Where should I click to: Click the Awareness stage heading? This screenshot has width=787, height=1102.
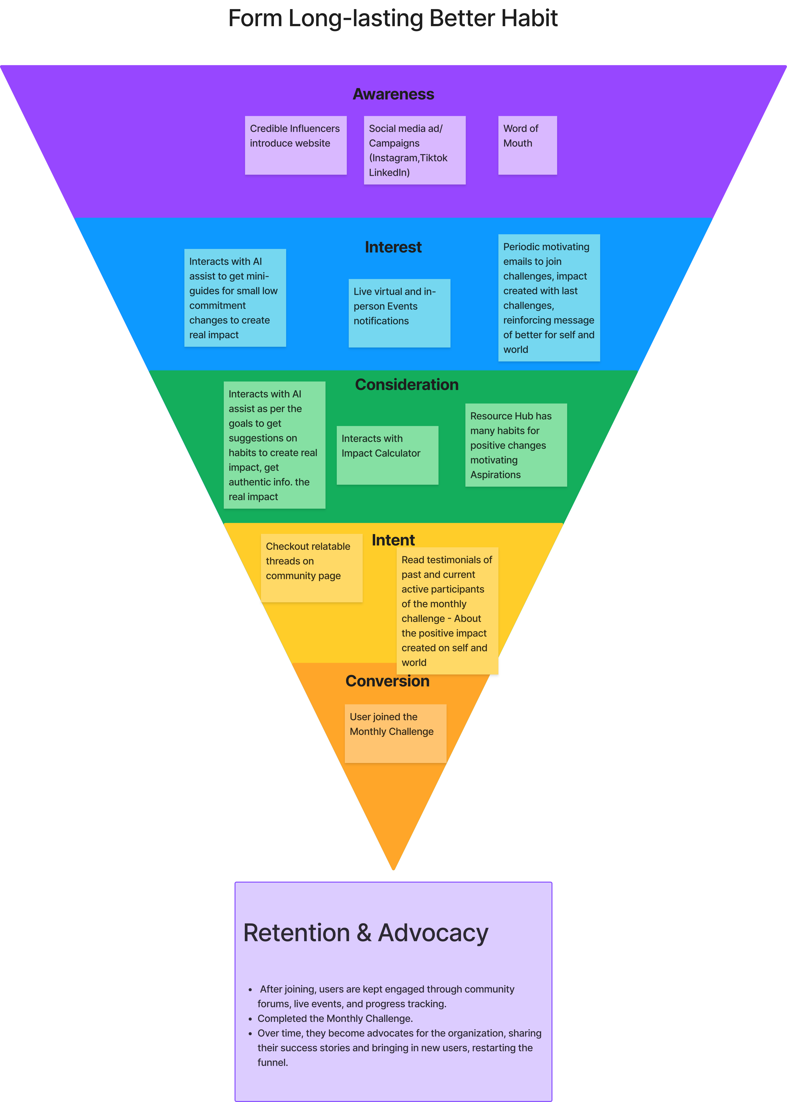pyautogui.click(x=393, y=94)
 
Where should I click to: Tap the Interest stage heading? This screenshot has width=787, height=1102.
pyautogui.click(x=393, y=247)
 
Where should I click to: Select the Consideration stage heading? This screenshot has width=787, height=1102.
pyautogui.click(x=407, y=384)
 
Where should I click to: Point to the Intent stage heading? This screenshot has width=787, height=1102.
pyautogui.click(x=393, y=540)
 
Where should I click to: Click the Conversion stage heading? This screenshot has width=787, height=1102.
pyautogui.click(x=387, y=681)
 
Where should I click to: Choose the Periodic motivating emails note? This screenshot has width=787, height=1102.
pyautogui.click(x=549, y=298)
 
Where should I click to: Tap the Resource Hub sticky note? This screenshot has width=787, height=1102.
pyautogui.click(x=516, y=445)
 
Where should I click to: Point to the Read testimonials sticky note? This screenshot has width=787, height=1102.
pyautogui.click(x=447, y=611)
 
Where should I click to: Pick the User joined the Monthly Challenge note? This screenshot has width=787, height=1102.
pyautogui.click(x=395, y=733)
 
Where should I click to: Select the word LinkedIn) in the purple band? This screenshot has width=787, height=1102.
pyautogui.click(x=389, y=172)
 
